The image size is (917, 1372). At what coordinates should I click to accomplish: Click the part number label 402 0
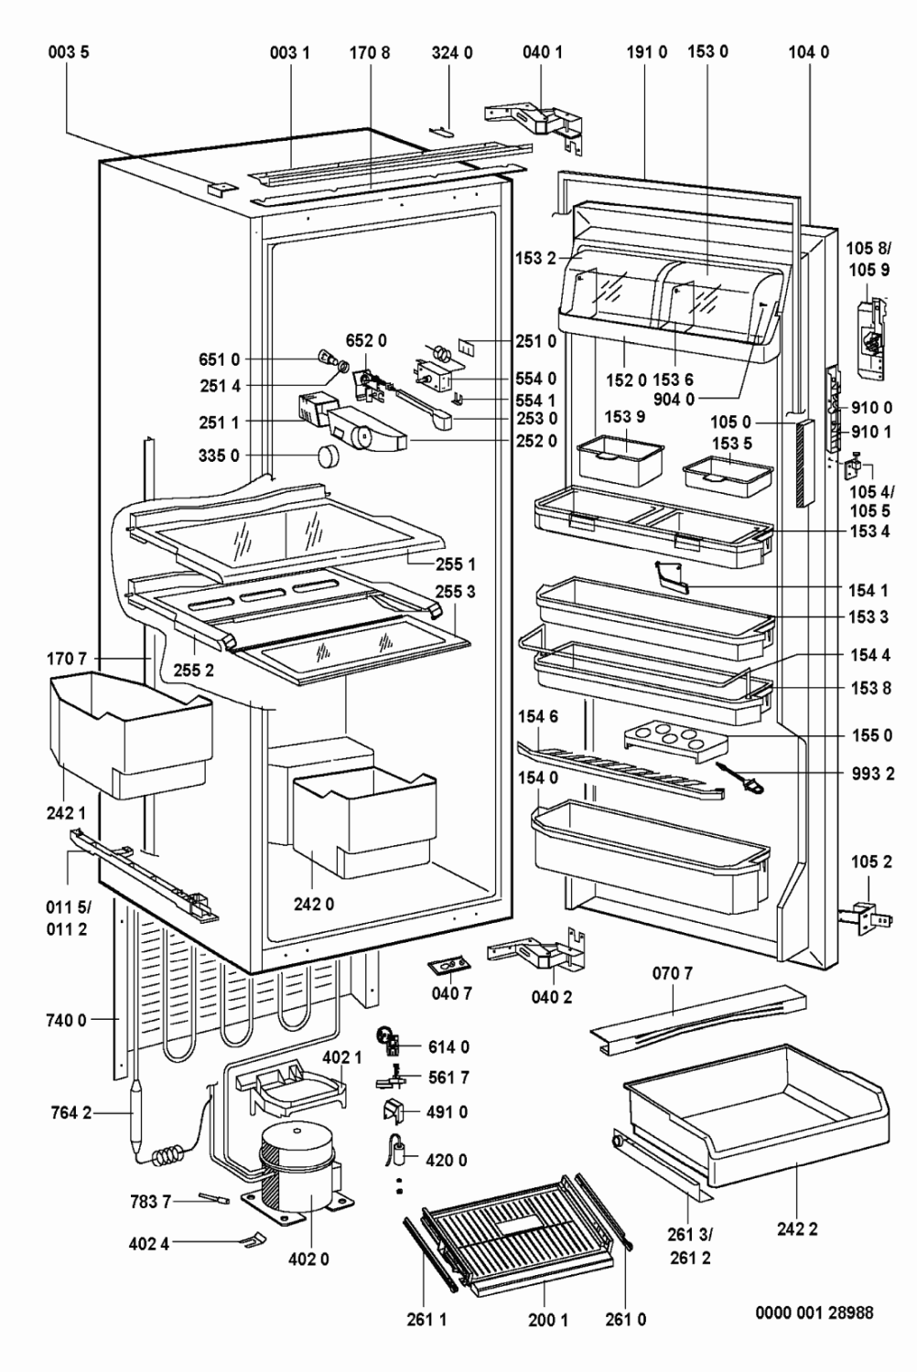coord(308,1259)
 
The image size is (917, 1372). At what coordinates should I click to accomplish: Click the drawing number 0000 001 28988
coord(814,1313)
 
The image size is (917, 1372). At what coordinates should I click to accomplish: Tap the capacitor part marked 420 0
coord(400,1148)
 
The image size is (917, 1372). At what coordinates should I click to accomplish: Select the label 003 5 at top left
coord(69,53)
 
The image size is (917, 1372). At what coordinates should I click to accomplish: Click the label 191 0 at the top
coord(647,53)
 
